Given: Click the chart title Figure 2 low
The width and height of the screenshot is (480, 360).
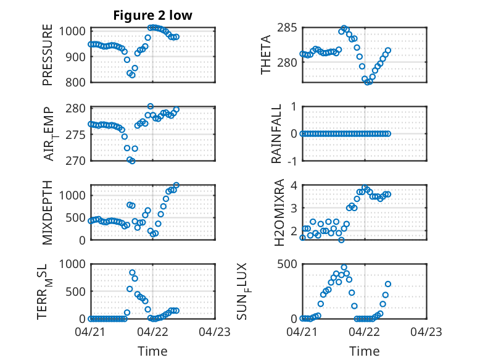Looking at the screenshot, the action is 153,15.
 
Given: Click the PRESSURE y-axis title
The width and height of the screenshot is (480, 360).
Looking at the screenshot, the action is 48,55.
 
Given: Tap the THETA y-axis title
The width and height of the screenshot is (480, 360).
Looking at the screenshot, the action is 266,54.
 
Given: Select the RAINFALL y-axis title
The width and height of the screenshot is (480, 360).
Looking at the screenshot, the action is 276,133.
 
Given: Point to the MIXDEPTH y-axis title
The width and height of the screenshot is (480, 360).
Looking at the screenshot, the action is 48,212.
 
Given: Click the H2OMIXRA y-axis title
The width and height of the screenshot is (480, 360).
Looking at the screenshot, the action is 279,212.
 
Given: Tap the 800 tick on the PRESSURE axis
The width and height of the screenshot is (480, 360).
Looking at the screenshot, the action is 75,82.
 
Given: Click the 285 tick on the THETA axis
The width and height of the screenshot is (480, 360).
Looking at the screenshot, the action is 287,28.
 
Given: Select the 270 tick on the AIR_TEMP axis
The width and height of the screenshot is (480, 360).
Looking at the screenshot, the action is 75,161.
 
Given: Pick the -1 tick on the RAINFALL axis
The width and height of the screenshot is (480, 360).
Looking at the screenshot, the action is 292,161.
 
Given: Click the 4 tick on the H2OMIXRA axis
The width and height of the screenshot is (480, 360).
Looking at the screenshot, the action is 294,185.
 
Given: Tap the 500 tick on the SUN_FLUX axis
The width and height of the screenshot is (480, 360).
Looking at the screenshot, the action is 287,264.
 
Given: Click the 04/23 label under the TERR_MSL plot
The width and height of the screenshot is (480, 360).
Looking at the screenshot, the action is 215,332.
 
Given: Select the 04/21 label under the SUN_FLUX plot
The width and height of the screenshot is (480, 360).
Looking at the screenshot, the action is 302,332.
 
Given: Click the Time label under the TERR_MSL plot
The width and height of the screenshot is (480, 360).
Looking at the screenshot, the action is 152,351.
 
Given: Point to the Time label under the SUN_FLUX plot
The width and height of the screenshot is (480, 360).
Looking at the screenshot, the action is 364,351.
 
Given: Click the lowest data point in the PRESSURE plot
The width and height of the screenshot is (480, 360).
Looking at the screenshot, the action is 132,75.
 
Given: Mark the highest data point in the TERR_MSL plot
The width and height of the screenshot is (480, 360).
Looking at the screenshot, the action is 132,272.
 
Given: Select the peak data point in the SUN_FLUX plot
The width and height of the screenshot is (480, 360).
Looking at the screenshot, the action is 344,267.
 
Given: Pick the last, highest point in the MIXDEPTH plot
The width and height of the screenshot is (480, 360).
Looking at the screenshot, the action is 176,185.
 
